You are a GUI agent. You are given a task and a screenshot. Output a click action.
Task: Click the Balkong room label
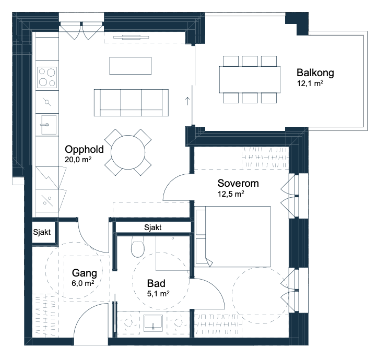tap(315, 73)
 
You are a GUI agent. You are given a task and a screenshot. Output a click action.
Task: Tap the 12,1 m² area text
tap(310, 83)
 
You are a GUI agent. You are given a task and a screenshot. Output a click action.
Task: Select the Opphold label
tap(85, 149)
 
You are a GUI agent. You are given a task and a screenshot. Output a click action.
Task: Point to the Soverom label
tap(238, 183)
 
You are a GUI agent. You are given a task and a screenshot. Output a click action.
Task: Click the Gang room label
tap(85, 273)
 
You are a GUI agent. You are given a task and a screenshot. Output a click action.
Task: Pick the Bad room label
tap(156, 283)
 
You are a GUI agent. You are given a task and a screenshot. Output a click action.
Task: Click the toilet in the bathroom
tap(138, 246)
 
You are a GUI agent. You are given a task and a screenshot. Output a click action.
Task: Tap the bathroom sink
tap(153, 322)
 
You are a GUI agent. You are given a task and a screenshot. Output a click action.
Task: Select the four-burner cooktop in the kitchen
tap(47, 77)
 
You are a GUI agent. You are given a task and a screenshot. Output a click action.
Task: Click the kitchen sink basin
tap(49, 125)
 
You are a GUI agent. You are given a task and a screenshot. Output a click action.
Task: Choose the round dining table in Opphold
tap(128, 152)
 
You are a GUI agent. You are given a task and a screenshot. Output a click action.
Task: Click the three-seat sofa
tap(131, 103)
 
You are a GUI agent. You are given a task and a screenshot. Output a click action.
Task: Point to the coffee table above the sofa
tap(131, 66)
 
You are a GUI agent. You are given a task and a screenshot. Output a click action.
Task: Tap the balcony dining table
tap(250, 79)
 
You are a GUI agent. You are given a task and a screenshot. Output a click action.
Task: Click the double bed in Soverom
tap(233, 236)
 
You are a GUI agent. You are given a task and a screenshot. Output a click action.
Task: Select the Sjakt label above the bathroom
tap(152, 227)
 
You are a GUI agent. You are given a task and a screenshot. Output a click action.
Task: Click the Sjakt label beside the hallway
tap(42, 232)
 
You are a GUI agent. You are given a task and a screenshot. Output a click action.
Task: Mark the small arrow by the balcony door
tap(187, 101)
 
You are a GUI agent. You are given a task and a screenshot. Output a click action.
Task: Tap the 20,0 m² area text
tap(78, 160)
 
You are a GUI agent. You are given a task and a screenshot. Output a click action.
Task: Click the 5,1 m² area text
tap(158, 293)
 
